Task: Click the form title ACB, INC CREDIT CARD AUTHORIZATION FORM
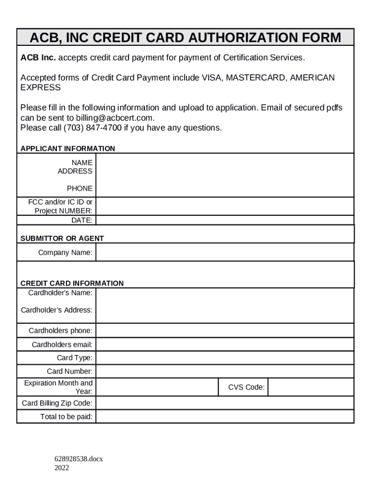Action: pyautogui.click(x=185, y=37)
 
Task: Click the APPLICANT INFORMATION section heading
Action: pyautogui.click(x=67, y=149)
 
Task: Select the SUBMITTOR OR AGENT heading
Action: pyautogui.click(x=62, y=238)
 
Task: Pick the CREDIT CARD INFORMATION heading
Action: pyautogui.click(x=72, y=283)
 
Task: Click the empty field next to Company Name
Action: pyautogui.click(x=225, y=252)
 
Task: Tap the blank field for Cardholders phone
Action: pyautogui.click(x=225, y=331)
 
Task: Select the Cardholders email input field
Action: pyautogui.click(x=225, y=344)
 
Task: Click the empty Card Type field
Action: pyautogui.click(x=225, y=358)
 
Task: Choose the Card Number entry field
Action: pyautogui.click(x=225, y=371)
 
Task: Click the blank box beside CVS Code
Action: pyautogui.click(x=311, y=387)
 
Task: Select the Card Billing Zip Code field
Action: pyautogui.click(x=225, y=403)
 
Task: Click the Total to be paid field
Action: pyautogui.click(x=225, y=417)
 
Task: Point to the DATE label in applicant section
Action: pyautogui.click(x=82, y=220)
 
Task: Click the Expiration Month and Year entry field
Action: pyautogui.click(x=157, y=387)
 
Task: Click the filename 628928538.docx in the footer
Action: pyautogui.click(x=79, y=459)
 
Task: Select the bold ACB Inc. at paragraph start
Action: pyautogui.click(x=38, y=58)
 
